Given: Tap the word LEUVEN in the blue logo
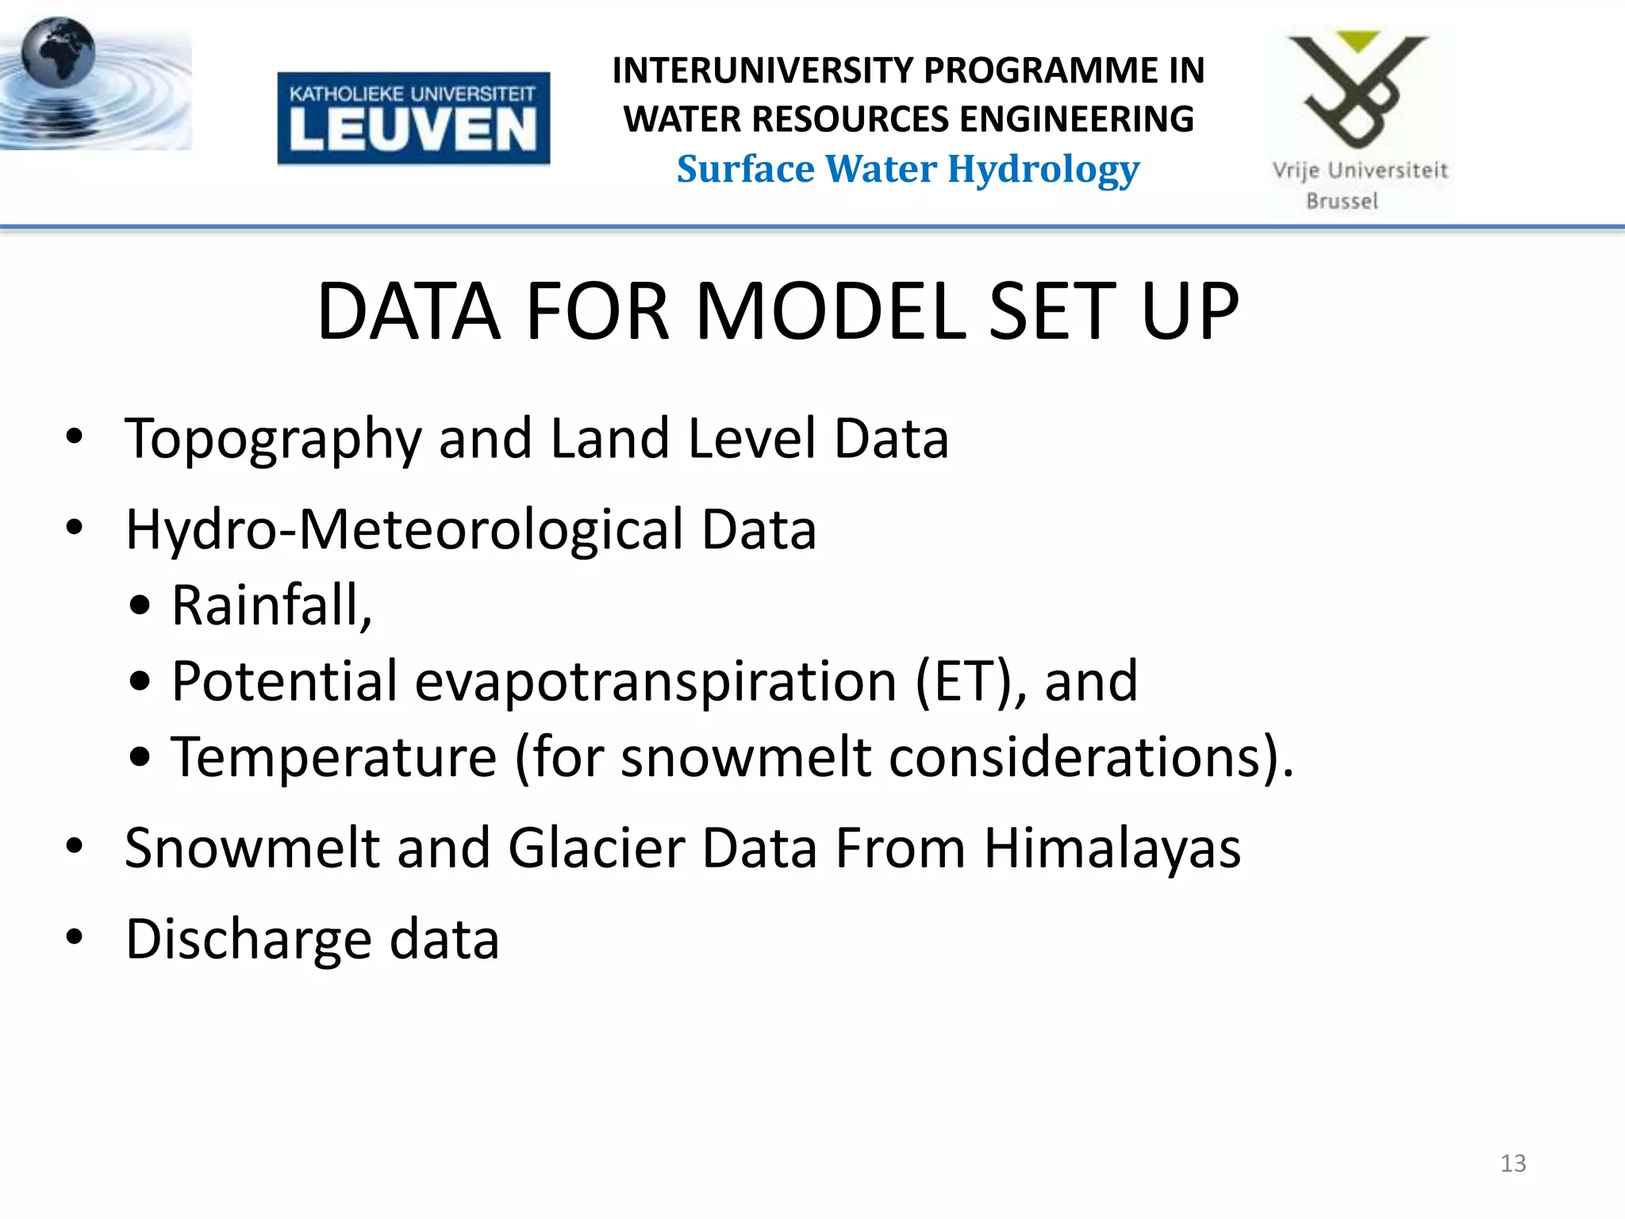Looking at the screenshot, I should click(x=413, y=129).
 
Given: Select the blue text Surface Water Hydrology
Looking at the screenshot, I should click(x=908, y=169).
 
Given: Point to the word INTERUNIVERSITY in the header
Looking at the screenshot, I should click(x=760, y=71).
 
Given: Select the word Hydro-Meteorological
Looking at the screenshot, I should click(x=405, y=529).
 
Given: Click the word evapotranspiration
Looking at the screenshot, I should click(x=655, y=681).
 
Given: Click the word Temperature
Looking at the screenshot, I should click(x=334, y=756).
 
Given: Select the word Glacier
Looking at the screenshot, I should click(x=596, y=848).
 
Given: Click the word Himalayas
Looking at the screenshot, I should click(x=1112, y=848).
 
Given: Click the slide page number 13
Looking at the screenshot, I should click(x=1512, y=1163).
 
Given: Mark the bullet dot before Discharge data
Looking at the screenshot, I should click(x=75, y=937).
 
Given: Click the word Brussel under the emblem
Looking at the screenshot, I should click(x=1342, y=202).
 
